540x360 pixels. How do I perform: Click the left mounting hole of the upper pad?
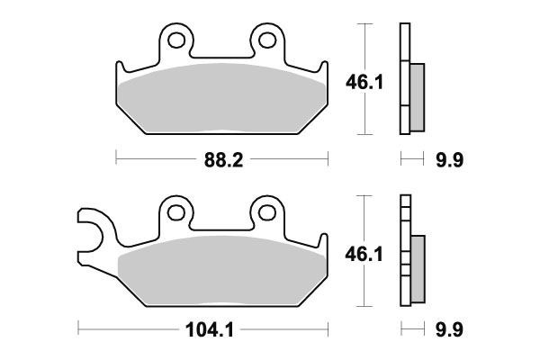pos(177,40)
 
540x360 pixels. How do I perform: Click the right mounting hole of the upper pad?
pos(266,40)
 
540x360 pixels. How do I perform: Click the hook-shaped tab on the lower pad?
pos(90,229)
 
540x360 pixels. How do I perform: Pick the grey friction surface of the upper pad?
pos(221,99)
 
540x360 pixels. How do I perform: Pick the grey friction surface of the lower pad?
pos(221,270)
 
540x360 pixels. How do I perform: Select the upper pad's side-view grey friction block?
pos(418,96)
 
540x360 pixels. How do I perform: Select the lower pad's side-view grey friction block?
pos(418,268)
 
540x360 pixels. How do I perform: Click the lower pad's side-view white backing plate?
pos(404,251)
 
